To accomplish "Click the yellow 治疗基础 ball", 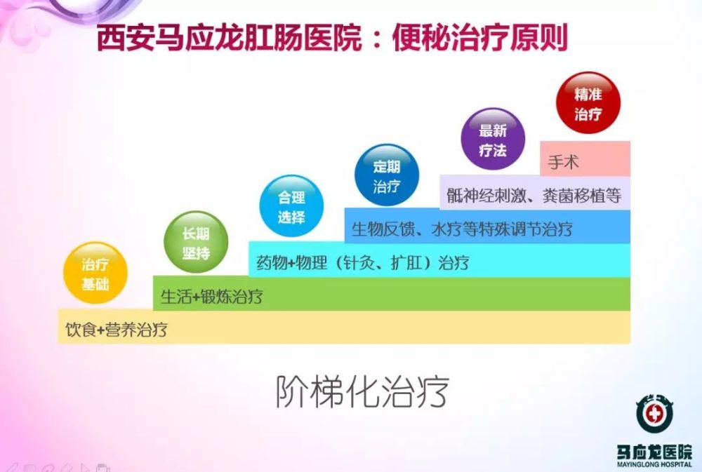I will click(95, 274).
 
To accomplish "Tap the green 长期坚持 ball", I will click(196, 242).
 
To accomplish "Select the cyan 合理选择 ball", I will click(291, 208).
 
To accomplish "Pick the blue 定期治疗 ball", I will click(386, 175).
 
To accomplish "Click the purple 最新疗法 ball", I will click(492, 139).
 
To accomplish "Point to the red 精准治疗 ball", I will click(588, 103).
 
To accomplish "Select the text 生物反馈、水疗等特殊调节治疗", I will click(461, 229).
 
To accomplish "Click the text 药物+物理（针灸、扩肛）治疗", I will click(362, 263).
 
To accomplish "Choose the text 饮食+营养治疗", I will click(117, 329).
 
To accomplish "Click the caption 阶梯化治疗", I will click(361, 391).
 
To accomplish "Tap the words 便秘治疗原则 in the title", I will click(479, 38).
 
